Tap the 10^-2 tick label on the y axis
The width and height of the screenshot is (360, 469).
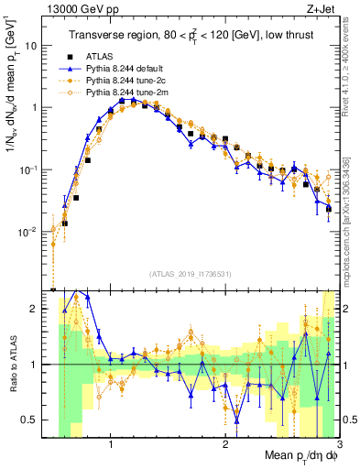[x=27, y=231]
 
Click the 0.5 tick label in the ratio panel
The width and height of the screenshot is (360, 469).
[x=28, y=420]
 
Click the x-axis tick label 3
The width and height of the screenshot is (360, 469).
[x=339, y=442]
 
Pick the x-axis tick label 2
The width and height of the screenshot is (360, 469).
[x=225, y=442]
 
